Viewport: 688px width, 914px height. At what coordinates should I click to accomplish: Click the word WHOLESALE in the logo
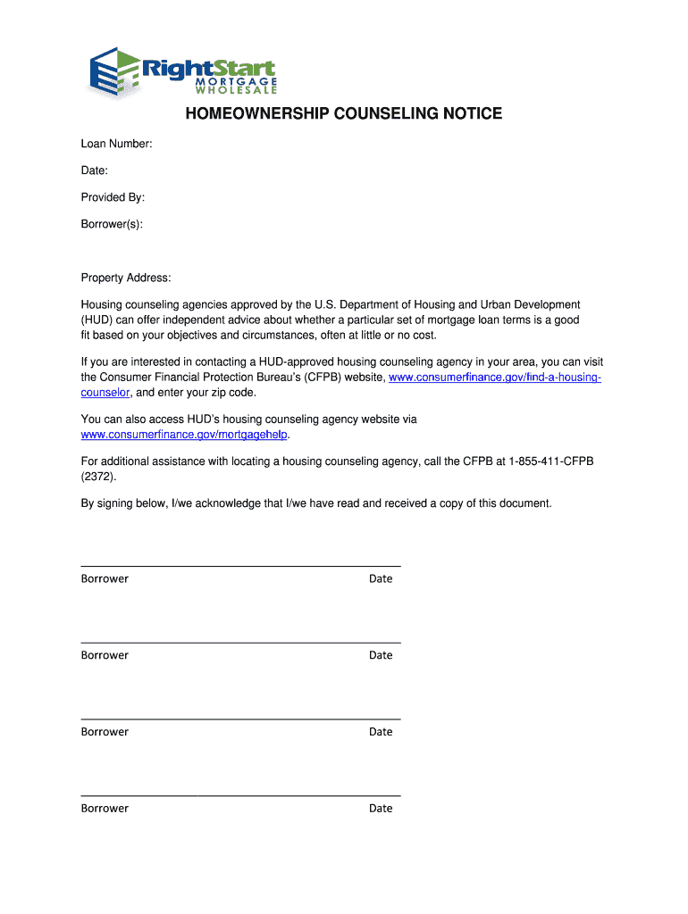(x=236, y=89)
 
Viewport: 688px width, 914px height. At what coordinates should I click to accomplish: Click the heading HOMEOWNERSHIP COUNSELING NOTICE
(x=343, y=114)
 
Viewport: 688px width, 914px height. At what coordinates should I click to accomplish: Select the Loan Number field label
(x=116, y=144)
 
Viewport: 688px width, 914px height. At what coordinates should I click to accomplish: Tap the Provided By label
(x=113, y=197)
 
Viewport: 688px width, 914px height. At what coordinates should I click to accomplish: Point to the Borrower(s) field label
(x=112, y=224)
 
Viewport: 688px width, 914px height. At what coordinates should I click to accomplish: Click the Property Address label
(x=125, y=278)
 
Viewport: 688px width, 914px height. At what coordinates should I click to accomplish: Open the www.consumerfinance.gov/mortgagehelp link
(x=185, y=435)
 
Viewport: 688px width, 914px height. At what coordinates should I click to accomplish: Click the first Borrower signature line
(x=240, y=565)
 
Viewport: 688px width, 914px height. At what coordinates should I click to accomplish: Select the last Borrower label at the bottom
(x=105, y=809)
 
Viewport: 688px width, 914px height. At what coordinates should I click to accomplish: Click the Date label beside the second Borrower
(x=381, y=655)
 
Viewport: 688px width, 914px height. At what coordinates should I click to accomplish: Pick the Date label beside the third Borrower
(x=381, y=732)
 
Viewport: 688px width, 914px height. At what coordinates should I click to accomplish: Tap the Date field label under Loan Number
(x=94, y=170)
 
